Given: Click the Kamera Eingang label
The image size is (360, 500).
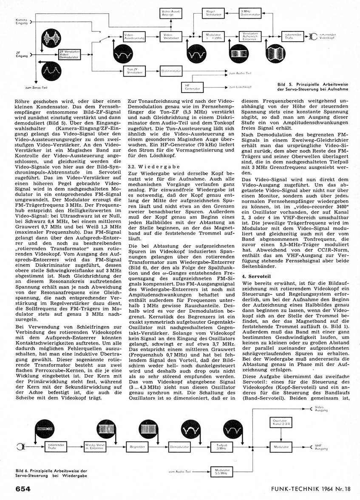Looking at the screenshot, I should (x=22, y=22).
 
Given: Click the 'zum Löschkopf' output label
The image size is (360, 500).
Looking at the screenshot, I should (x=238, y=88).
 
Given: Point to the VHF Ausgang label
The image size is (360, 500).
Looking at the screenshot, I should (x=321, y=447).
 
